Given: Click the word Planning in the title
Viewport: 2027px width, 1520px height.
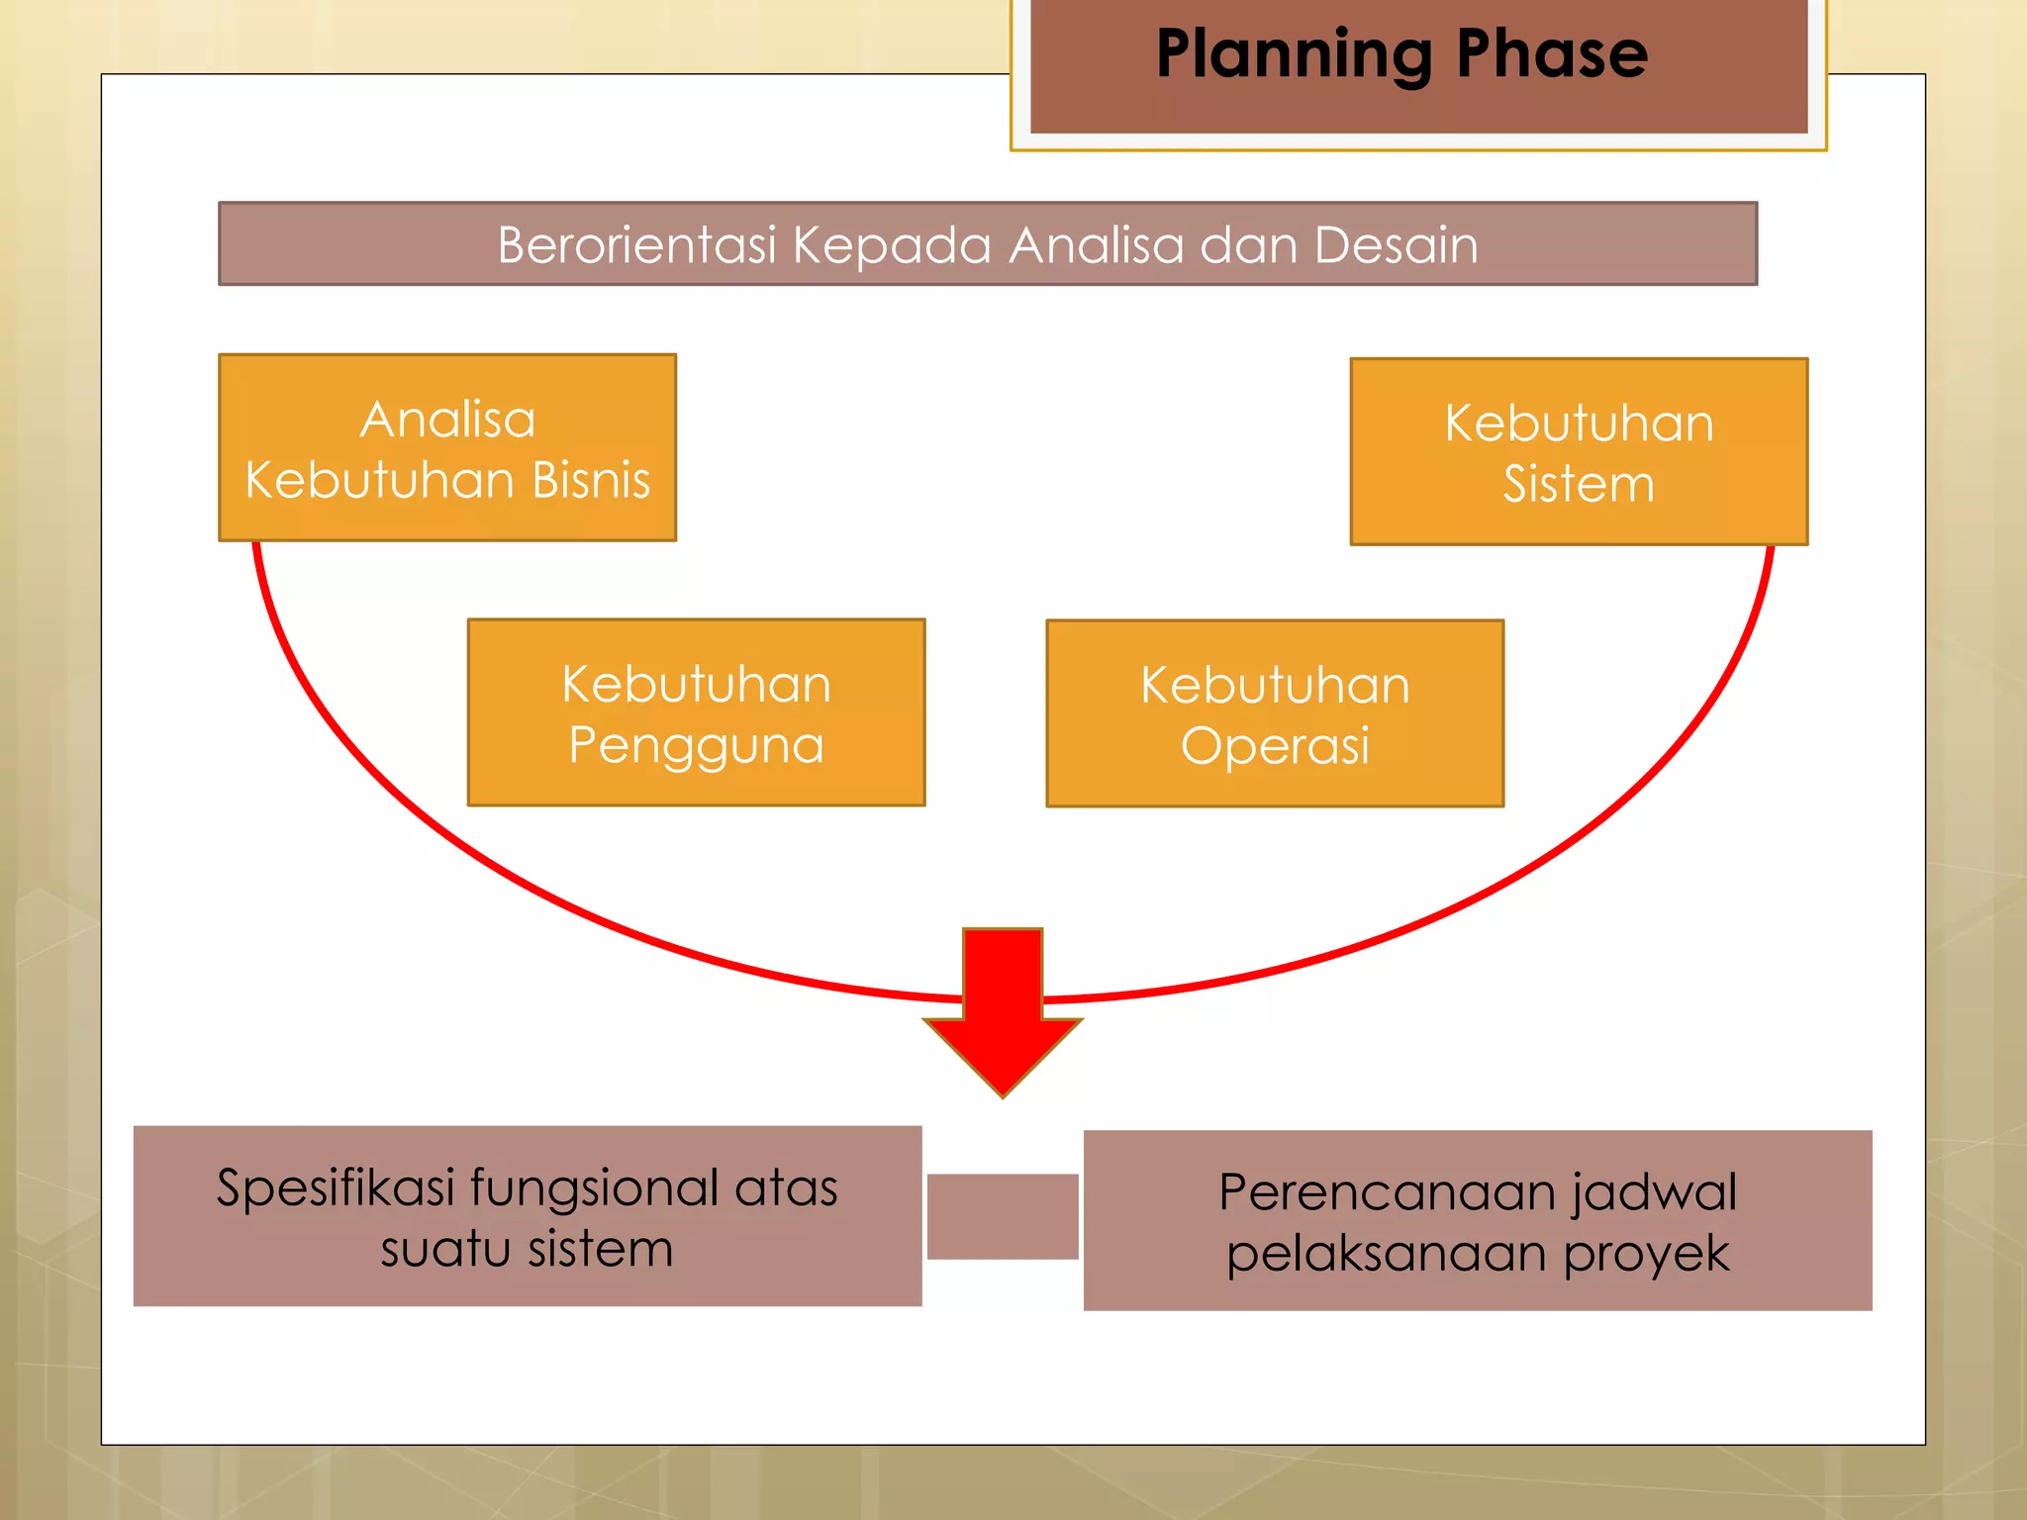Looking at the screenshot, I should coord(1292,55).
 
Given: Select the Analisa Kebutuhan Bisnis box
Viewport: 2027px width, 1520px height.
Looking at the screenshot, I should coord(447,447).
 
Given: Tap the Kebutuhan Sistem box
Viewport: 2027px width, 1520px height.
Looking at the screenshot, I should coord(1579,451).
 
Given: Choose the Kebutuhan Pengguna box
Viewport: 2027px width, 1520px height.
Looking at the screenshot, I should coord(696,712).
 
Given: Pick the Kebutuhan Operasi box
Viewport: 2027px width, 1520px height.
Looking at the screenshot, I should coord(1275,713).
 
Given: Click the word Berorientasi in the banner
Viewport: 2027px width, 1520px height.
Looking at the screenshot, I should coord(636,244).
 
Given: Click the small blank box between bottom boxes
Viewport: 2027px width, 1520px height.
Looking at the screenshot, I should coord(1003,1216).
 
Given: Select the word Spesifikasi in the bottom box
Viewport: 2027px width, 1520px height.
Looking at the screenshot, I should coord(335,1187).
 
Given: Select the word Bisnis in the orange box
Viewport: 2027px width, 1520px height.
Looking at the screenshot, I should coord(591,480).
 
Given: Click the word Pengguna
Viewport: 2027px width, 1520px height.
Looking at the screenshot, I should coord(696,745).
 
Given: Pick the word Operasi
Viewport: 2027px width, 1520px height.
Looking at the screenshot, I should coord(1275,745).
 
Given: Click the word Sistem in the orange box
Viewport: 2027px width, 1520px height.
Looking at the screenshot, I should coord(1579,484).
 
